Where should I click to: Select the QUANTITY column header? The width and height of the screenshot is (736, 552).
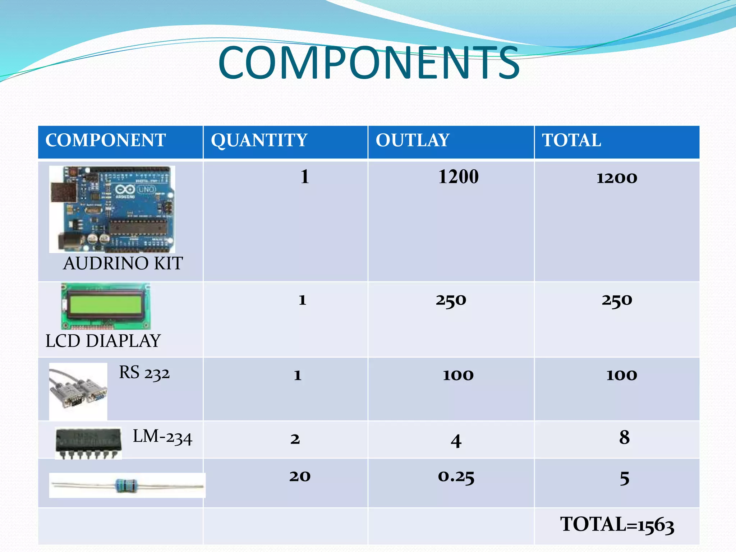[x=259, y=141]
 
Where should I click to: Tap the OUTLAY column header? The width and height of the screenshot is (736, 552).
[x=412, y=140]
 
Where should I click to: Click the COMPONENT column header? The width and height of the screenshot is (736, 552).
[x=105, y=140]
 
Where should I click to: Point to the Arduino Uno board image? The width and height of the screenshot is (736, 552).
[x=112, y=209]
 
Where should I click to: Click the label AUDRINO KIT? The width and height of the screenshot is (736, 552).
[x=123, y=263]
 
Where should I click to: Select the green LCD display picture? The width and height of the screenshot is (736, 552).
[x=106, y=306]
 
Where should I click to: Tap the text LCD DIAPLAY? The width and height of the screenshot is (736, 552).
[x=103, y=341]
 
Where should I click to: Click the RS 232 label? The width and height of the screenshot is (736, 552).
[x=144, y=373]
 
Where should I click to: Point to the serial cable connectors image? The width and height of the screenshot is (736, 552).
[x=78, y=391]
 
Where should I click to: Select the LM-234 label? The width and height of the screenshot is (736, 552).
[x=162, y=437]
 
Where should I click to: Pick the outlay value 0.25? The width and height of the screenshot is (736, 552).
[x=456, y=477]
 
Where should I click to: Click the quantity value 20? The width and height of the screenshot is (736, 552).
[x=300, y=476]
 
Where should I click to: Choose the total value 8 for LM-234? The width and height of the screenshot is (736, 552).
[x=624, y=437]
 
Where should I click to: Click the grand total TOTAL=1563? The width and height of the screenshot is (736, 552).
[x=617, y=525]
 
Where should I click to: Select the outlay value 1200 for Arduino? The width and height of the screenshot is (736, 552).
[x=458, y=177]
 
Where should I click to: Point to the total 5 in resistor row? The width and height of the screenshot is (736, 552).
[x=624, y=478]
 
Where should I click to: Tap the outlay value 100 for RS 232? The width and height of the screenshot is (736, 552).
[x=458, y=375]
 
